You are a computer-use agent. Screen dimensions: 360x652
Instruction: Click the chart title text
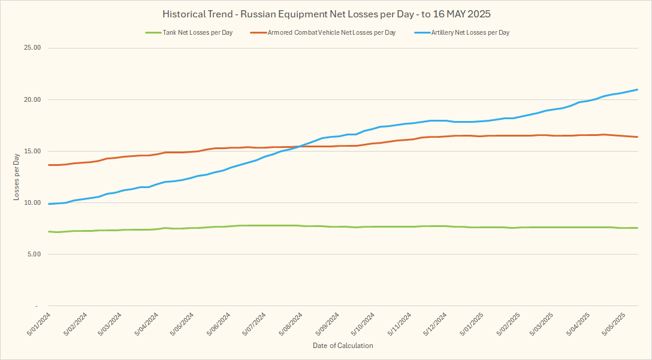coord(327,14)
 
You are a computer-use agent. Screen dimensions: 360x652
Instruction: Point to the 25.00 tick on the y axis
coord(30,48)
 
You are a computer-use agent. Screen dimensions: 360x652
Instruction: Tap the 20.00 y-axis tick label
coord(30,100)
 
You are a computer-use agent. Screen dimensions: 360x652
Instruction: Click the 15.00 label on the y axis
coord(30,152)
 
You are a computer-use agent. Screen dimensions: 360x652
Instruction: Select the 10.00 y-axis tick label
coord(30,203)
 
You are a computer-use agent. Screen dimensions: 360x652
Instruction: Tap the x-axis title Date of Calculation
coord(343,346)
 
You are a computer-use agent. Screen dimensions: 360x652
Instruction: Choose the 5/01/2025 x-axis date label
coord(471,324)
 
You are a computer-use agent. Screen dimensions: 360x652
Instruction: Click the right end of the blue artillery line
coord(637,90)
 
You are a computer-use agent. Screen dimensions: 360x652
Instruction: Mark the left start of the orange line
coord(49,165)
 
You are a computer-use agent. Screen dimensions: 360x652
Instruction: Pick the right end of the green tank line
coord(637,228)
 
